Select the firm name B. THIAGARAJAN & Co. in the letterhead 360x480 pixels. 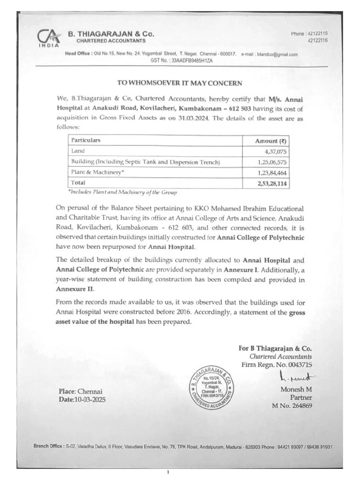[111, 34]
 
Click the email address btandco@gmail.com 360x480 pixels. [277, 54]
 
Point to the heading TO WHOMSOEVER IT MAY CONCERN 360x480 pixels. [180, 83]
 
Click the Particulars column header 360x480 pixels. [85, 140]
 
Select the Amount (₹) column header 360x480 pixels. [270, 141]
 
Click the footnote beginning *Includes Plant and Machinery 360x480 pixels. [122, 192]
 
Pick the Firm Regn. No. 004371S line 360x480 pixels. [277, 364]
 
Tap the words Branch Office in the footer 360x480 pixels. [48, 447]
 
